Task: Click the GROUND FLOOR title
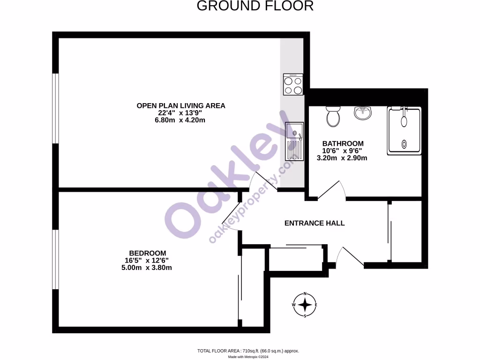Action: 255,6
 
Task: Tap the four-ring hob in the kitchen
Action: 293,85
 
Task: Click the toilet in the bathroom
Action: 333,116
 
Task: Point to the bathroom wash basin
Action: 362,112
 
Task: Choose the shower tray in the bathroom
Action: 404,131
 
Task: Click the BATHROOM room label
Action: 343,143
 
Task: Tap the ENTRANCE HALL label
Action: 315,223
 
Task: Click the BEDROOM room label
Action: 148,253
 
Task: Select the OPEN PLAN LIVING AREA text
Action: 181,105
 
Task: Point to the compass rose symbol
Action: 305,305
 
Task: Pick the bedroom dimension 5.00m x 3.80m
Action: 147,268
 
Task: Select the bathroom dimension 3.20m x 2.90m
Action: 342,158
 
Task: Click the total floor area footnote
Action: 248,351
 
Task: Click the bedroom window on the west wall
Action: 55,259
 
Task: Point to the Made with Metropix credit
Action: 248,357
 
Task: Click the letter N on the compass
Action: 305,294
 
